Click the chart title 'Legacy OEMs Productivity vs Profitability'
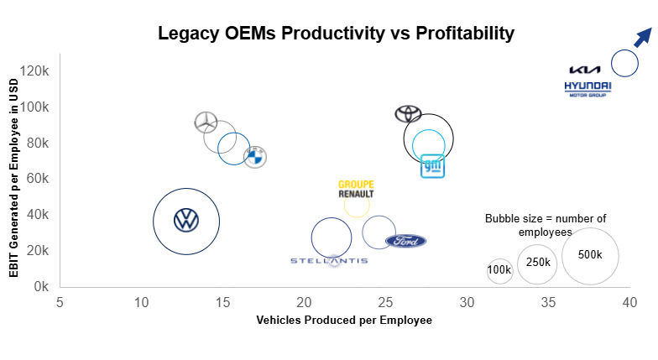coord(336,34)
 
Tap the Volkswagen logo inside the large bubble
coord(186,221)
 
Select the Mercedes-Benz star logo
coord(206,122)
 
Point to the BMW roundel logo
coord(255,156)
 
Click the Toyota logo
coord(408,113)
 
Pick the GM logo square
coord(432,166)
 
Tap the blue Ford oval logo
coord(405,242)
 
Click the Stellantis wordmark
coord(329,261)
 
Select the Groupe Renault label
coord(356,189)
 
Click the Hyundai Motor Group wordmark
coord(587,89)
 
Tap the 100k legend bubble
coord(499,270)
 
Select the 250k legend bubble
coord(537,263)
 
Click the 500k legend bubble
coord(590,255)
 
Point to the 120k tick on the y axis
coord(38,70)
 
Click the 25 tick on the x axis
coord(385,301)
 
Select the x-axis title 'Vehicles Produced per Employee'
coord(343,320)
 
